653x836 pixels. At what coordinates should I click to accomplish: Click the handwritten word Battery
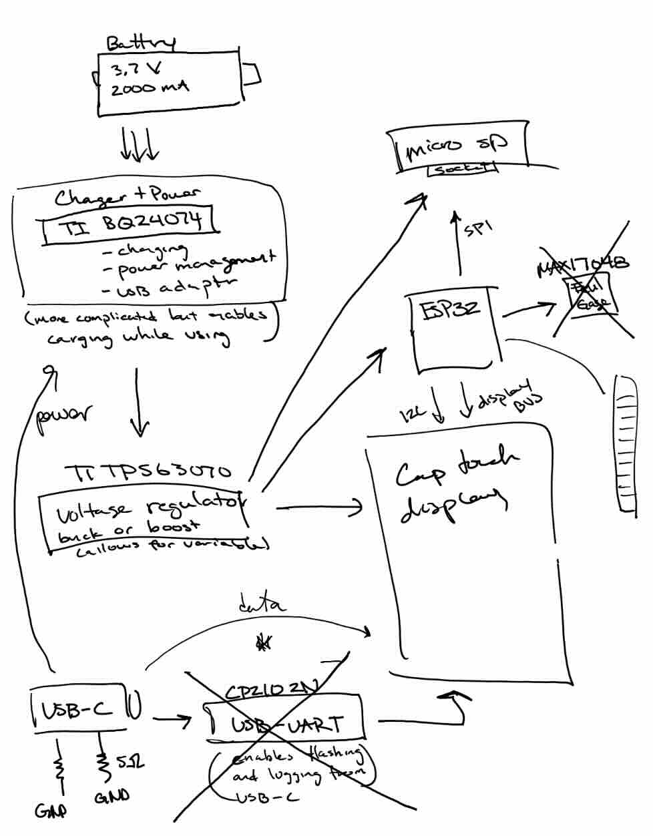(141, 43)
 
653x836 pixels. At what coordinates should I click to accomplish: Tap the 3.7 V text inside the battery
(137, 69)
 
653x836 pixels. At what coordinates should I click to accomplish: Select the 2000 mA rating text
(150, 87)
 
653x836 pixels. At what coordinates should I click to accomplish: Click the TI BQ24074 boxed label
(131, 223)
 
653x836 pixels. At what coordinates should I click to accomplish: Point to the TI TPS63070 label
(148, 472)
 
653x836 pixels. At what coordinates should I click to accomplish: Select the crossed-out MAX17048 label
(582, 265)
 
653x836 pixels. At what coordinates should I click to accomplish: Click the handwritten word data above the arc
(262, 606)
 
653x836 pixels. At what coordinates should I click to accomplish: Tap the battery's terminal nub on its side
(251, 74)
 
